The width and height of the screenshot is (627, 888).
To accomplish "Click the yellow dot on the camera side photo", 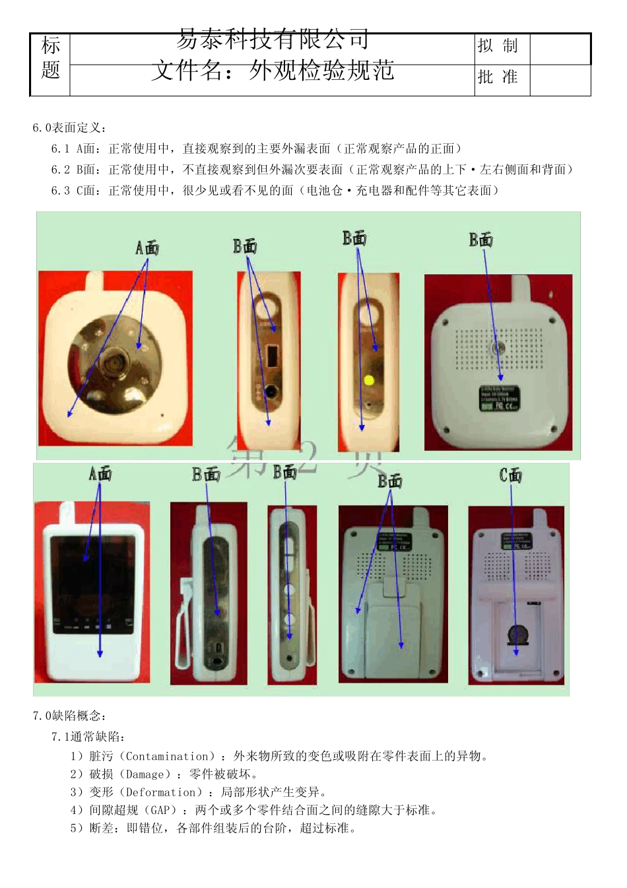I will click(x=369, y=380).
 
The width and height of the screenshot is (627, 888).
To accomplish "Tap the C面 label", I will click(x=510, y=475).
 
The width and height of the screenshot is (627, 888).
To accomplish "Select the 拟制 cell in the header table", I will click(x=498, y=46).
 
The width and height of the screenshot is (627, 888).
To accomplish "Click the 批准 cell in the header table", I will click(x=498, y=77).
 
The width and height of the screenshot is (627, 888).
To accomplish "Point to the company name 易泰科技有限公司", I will click(x=272, y=40).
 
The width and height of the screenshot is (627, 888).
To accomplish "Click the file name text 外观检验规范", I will click(x=321, y=70).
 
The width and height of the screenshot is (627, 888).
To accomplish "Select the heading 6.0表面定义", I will click(x=69, y=127).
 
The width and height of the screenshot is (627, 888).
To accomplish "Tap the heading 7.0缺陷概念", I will click(x=69, y=716).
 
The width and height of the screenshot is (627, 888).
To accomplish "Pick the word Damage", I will click(x=144, y=774).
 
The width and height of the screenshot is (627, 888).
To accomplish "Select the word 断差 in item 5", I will click(x=102, y=828).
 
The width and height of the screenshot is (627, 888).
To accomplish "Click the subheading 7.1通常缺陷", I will click(x=88, y=737).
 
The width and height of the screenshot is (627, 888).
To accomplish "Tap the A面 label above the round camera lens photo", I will click(x=147, y=248).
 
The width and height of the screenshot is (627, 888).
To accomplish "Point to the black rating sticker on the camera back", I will click(x=499, y=398).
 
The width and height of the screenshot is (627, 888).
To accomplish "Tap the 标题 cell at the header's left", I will click(x=50, y=58).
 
